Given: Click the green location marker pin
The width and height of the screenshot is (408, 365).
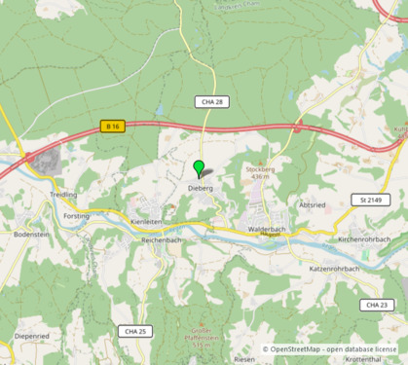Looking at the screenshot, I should [200, 167].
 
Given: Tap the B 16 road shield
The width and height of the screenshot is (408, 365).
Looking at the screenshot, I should [113, 126].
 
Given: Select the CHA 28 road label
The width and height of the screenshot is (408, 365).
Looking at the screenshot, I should [211, 101].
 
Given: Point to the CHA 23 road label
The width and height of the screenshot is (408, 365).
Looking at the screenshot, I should [376, 305].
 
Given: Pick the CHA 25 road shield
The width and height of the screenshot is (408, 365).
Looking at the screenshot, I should [135, 331].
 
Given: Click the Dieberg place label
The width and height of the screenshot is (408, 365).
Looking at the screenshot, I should [200, 186].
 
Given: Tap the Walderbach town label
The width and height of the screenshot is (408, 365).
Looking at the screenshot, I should [266, 229].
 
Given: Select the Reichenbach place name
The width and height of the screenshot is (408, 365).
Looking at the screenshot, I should [163, 239].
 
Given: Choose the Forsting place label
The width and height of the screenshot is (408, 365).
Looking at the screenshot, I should [76, 217].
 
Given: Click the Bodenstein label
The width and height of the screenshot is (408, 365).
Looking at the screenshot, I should [32, 235].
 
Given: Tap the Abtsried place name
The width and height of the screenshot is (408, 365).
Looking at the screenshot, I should [313, 206].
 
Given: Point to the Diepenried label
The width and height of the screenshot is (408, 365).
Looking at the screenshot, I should [32, 335].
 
